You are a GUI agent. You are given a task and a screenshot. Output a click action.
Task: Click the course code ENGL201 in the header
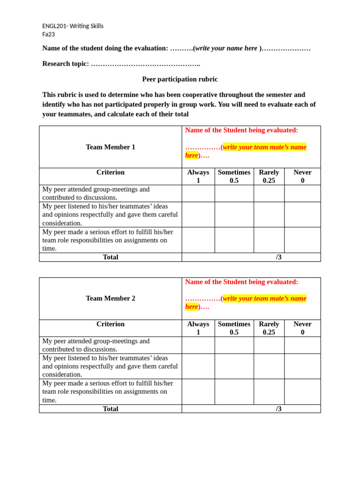click(x=55, y=26)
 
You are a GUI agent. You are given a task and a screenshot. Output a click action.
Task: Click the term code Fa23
click(x=48, y=34)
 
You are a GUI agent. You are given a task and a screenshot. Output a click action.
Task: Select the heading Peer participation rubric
click(x=180, y=79)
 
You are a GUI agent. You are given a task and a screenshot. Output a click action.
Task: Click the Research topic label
click(x=65, y=64)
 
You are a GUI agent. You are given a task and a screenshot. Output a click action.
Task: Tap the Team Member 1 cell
click(x=110, y=147)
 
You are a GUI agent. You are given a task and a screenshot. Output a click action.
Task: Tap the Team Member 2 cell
click(x=110, y=298)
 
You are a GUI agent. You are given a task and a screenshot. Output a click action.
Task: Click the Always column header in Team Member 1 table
click(x=198, y=176)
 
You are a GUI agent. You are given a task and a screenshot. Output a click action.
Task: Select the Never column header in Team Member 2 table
click(x=302, y=328)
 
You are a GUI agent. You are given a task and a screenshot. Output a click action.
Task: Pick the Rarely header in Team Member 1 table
click(x=269, y=176)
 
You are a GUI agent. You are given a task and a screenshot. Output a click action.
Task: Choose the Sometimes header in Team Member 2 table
click(x=234, y=328)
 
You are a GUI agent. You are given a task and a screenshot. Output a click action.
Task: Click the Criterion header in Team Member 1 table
click(x=110, y=172)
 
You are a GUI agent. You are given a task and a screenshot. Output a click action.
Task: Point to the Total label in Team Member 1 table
click(x=110, y=257)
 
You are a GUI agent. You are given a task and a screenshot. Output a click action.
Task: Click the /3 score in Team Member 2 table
click(x=278, y=409)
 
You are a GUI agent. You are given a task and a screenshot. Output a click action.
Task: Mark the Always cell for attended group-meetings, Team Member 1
click(x=198, y=193)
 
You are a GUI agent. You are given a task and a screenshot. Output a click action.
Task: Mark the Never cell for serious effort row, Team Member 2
click(x=302, y=391)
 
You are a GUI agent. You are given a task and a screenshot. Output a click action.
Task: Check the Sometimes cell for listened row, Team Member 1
click(x=234, y=214)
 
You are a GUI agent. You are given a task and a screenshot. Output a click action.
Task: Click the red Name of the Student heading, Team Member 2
click(x=241, y=282)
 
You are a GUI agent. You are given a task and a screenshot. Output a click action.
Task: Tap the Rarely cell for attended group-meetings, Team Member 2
click(x=269, y=345)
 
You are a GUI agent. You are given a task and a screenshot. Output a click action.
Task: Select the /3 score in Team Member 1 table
click(x=278, y=257)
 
